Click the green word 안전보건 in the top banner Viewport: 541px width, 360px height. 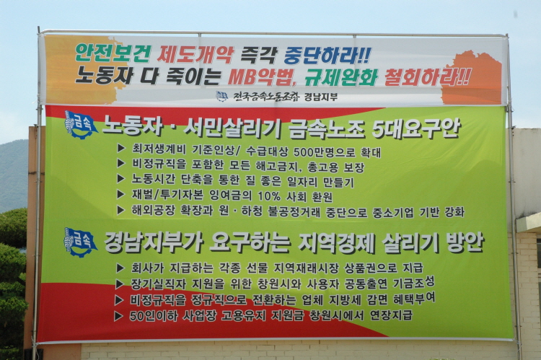click(113, 53)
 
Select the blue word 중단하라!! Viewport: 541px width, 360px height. click(327, 56)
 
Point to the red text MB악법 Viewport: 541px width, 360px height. click(263, 77)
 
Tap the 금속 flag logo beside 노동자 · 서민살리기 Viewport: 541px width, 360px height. click(80, 125)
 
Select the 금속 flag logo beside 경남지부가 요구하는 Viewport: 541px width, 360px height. click(80, 242)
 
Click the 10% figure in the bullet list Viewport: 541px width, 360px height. click(269, 196)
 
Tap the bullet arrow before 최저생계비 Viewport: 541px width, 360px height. click(121, 149)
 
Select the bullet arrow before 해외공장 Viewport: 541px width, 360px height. click(120, 210)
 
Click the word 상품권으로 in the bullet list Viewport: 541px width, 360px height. click(370, 268)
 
